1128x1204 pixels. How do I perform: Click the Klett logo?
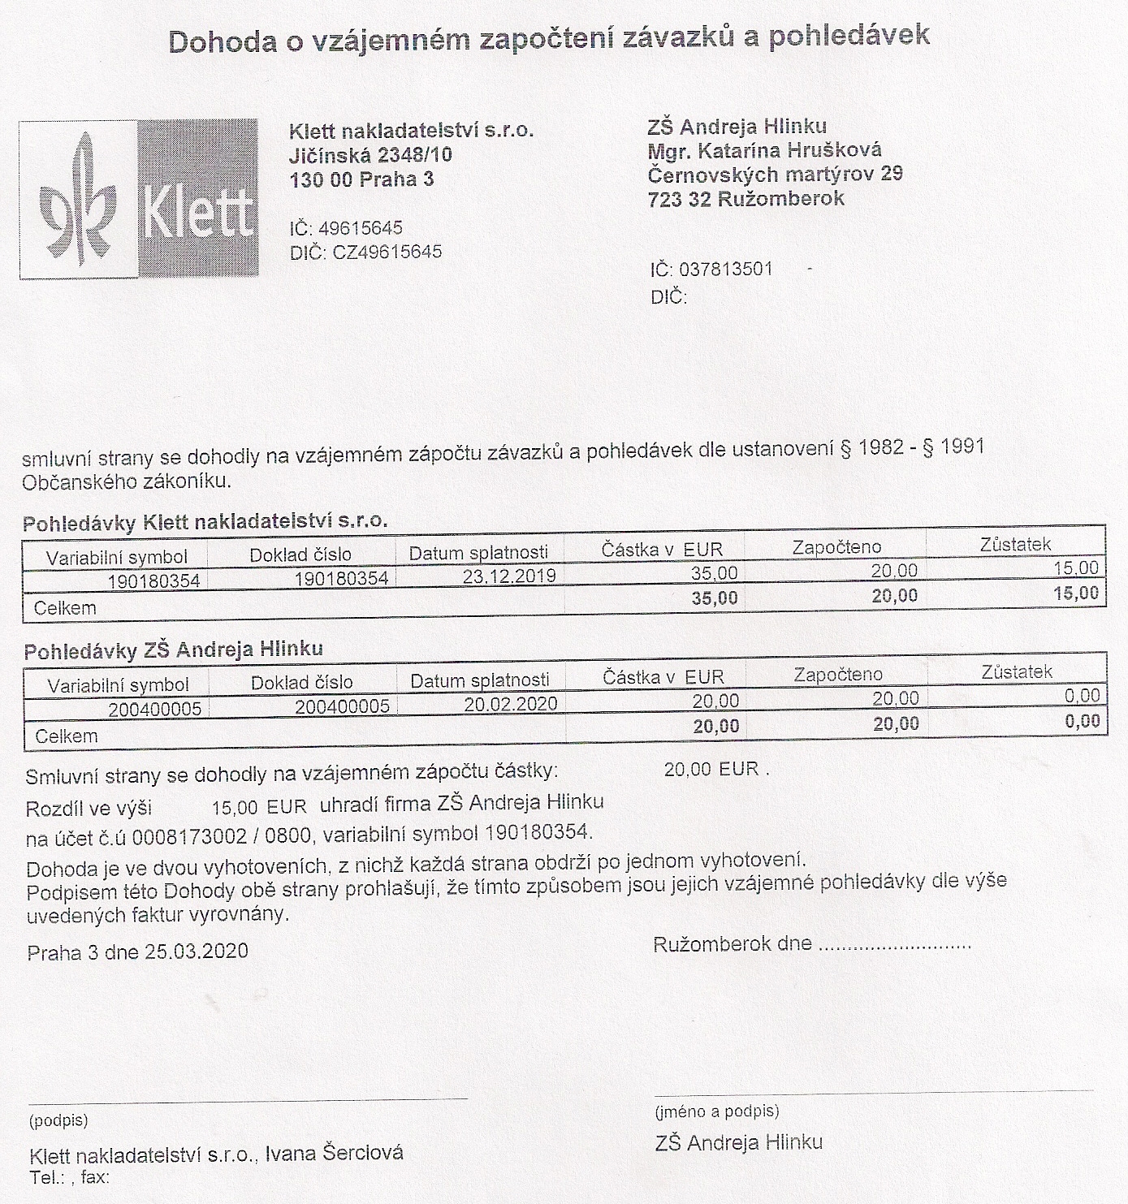point(139,200)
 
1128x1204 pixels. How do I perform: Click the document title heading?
point(549,38)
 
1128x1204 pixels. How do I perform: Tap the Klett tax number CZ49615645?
point(387,252)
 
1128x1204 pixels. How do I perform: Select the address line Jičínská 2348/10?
point(371,155)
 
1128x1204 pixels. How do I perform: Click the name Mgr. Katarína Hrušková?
point(764,151)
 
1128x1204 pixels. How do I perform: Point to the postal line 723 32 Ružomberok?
point(746,199)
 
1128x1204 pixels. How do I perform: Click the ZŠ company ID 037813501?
point(725,270)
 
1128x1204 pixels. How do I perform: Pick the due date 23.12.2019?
point(509,576)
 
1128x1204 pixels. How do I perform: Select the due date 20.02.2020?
point(511,704)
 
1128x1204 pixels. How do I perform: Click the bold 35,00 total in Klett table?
point(715,599)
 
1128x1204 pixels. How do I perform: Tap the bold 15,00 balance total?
point(1076,593)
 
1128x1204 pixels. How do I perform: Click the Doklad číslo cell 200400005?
point(342,706)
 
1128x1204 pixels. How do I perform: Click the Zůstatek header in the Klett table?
point(1015,545)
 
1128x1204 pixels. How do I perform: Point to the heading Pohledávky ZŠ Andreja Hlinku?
point(173,650)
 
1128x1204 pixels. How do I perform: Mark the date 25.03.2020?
point(197,952)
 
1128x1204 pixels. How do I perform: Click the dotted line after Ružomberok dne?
point(894,946)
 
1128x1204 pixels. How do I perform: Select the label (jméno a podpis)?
point(716,1111)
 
